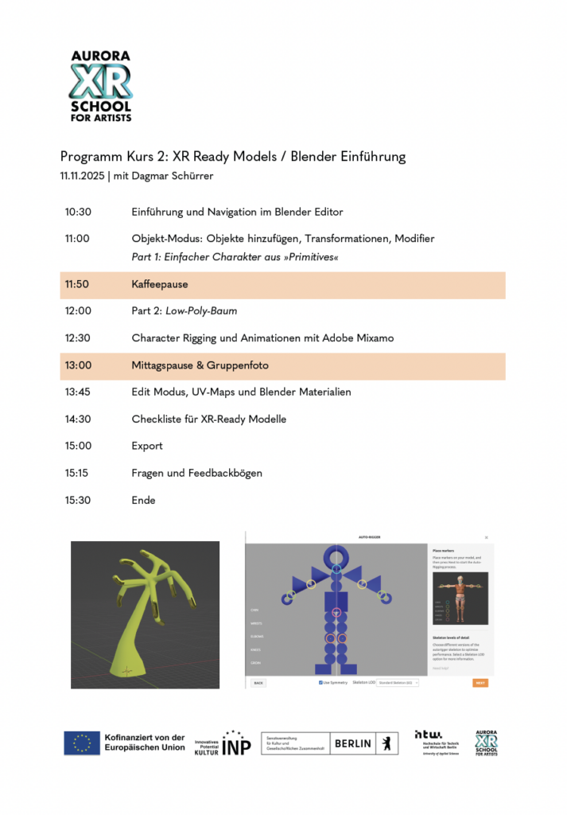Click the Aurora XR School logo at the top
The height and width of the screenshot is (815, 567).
(x=101, y=86)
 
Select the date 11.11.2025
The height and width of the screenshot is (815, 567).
(x=82, y=175)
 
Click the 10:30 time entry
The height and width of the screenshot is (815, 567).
(x=78, y=213)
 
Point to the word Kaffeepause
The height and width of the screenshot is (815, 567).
(x=159, y=284)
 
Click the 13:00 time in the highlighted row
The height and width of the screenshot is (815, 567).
(x=78, y=366)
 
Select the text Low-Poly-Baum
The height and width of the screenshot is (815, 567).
(x=201, y=311)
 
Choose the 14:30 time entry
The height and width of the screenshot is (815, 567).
(x=78, y=419)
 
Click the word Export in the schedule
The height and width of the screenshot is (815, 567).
(x=147, y=446)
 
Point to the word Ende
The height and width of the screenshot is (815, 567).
(x=143, y=501)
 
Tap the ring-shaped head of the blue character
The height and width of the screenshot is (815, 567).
(x=336, y=556)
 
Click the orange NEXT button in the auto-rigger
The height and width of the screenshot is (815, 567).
(x=480, y=683)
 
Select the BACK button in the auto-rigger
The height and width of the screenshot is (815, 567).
(x=258, y=683)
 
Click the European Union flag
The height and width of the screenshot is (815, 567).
(x=82, y=743)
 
